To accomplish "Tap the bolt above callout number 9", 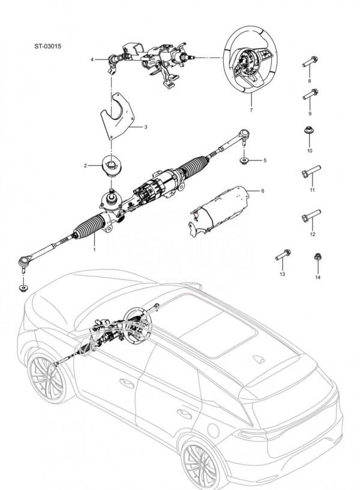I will click(310, 95).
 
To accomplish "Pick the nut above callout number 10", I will click(310, 131).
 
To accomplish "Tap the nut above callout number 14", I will click(317, 258).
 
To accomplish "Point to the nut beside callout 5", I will click(245, 160).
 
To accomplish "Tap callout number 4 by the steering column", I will click(92, 60).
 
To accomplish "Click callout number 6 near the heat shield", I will click(262, 190).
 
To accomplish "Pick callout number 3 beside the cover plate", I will click(145, 127).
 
